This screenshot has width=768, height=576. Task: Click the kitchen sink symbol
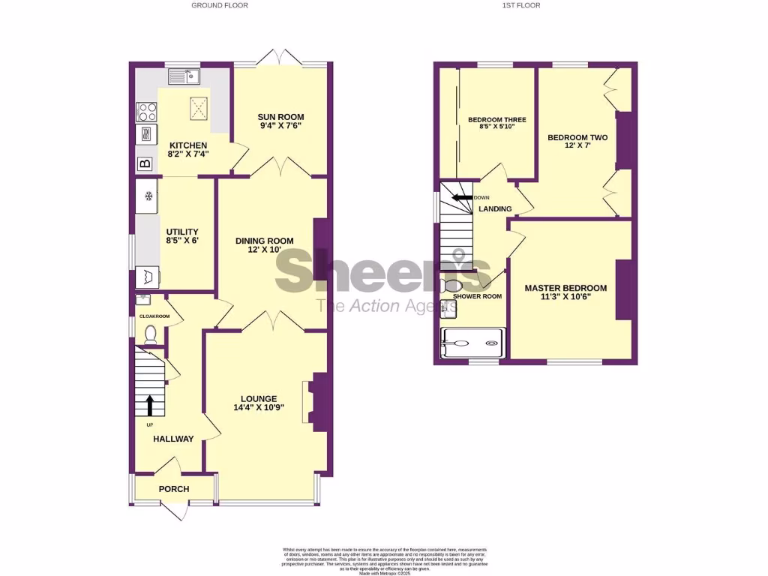(x=184, y=76)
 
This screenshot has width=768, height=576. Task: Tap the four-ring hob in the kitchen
(x=146, y=112)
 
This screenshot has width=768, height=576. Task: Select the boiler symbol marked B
(x=145, y=163)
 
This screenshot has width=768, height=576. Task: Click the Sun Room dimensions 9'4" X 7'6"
(x=280, y=127)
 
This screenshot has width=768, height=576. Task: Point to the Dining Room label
(x=264, y=241)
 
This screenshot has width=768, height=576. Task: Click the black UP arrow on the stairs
(x=149, y=406)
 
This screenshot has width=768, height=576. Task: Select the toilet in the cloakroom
(x=149, y=334)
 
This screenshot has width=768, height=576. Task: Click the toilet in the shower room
(x=451, y=286)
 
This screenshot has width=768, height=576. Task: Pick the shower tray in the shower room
(x=472, y=343)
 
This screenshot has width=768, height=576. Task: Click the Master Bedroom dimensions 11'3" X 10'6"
(x=565, y=298)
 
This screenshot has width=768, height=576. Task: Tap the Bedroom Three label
(x=496, y=120)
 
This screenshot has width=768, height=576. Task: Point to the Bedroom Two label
(x=577, y=138)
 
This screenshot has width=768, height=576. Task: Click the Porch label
(x=173, y=489)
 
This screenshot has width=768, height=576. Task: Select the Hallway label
(x=173, y=439)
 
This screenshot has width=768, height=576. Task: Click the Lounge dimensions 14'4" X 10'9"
(x=259, y=408)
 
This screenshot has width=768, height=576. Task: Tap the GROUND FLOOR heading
(x=220, y=5)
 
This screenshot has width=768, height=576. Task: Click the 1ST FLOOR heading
(x=521, y=5)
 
